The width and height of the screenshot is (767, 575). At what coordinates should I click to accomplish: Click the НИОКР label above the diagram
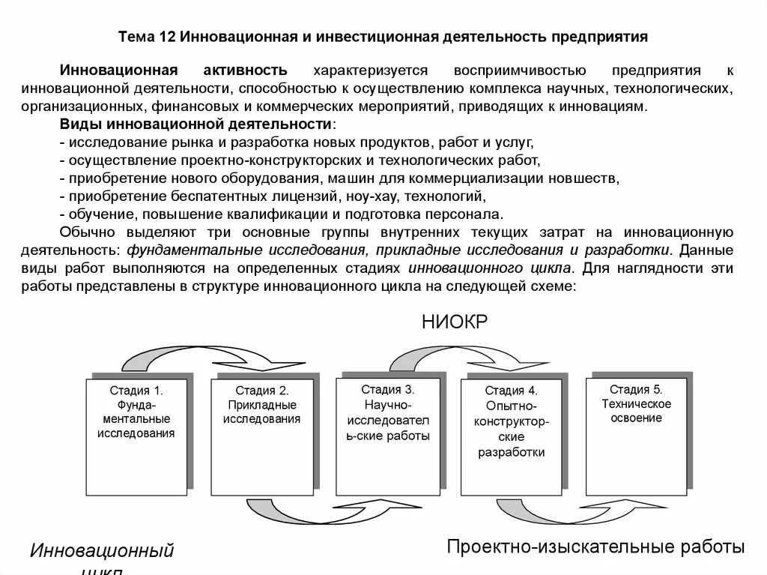point(455,322)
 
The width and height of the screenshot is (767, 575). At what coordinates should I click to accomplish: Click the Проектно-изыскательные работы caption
point(595,547)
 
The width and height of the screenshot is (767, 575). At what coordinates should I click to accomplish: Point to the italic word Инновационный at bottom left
point(102,552)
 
